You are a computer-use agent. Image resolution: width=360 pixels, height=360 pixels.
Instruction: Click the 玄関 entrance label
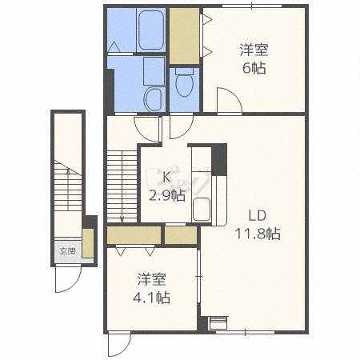coord(67,251)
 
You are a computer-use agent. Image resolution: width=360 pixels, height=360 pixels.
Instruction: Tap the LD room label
coord(258,215)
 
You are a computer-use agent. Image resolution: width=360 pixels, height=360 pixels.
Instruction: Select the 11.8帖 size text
coord(258,234)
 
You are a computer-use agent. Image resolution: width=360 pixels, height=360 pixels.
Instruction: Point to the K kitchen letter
coord(166,177)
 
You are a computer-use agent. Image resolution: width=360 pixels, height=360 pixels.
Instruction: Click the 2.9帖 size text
coord(167,195)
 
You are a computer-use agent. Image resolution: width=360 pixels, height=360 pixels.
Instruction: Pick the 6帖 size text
coord(254,68)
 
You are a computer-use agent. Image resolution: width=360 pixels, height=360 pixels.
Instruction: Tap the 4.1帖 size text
coord(151,297)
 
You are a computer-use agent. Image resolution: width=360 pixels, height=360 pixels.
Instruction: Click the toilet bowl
coord(184,83)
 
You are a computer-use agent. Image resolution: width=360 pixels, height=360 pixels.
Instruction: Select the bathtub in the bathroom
coord(151,30)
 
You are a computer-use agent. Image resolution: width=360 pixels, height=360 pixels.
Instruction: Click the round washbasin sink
coord(153,99)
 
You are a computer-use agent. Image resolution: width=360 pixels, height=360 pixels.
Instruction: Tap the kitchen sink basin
coord(202,210)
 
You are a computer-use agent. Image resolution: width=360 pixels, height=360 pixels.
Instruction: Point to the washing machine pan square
coord(154,71)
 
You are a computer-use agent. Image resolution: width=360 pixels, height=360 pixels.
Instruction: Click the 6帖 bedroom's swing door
coord(230,101)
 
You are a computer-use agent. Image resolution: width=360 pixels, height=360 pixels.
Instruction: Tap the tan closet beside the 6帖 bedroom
coord(184,36)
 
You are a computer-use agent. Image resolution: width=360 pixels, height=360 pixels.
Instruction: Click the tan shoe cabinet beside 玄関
coord(88,243)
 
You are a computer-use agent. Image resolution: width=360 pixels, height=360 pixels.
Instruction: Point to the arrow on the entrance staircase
coord(68,190)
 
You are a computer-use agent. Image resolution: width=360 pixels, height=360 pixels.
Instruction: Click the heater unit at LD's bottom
coord(218,323)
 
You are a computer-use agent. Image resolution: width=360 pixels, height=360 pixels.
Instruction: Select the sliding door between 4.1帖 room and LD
coord(198,276)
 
